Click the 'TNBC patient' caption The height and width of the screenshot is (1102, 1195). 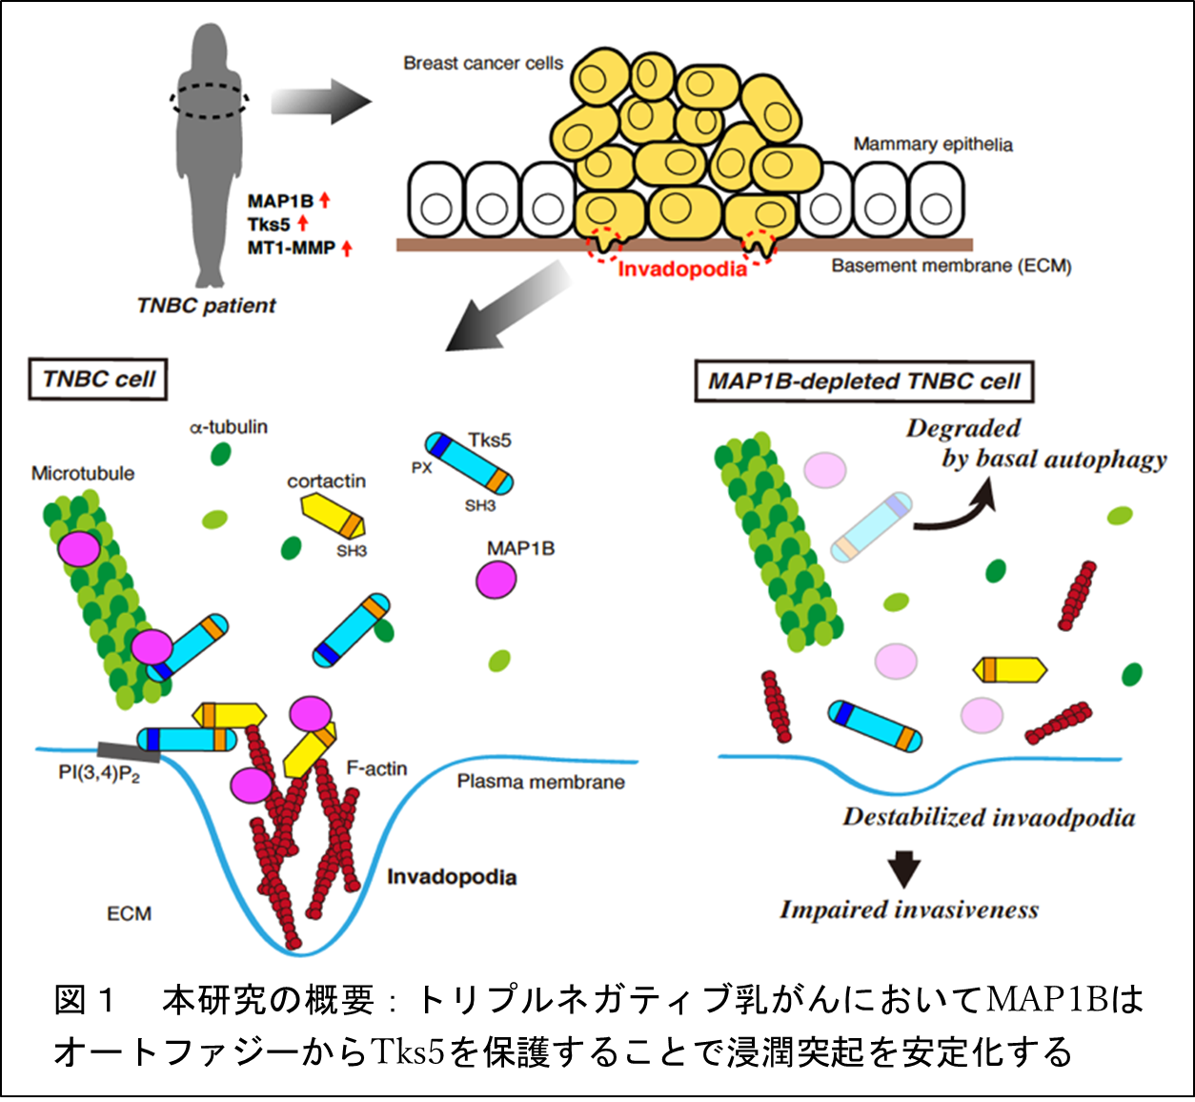point(206,306)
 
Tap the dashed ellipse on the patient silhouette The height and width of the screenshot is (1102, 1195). point(211,99)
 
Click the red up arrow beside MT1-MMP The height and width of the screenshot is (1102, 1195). point(347,248)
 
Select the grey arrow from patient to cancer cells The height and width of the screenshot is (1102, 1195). point(320,102)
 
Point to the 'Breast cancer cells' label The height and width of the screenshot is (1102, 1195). point(482,64)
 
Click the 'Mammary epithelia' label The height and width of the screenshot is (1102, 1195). point(932,145)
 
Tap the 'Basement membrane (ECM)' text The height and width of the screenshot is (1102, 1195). point(951,266)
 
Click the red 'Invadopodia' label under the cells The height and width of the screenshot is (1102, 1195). point(682,270)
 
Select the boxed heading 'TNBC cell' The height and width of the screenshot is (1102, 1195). point(98,379)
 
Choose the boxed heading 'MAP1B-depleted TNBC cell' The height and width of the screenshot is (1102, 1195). point(863,382)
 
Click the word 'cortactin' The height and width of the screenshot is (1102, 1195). point(326,481)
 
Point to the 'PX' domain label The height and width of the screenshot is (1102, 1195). point(421,468)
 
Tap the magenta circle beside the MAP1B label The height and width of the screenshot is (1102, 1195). point(496,580)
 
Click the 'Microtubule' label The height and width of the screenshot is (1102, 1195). point(83,474)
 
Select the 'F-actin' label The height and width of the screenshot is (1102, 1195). point(376,768)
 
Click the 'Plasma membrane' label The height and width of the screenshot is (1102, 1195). point(540,783)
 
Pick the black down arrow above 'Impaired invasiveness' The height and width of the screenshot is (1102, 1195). point(903,868)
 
